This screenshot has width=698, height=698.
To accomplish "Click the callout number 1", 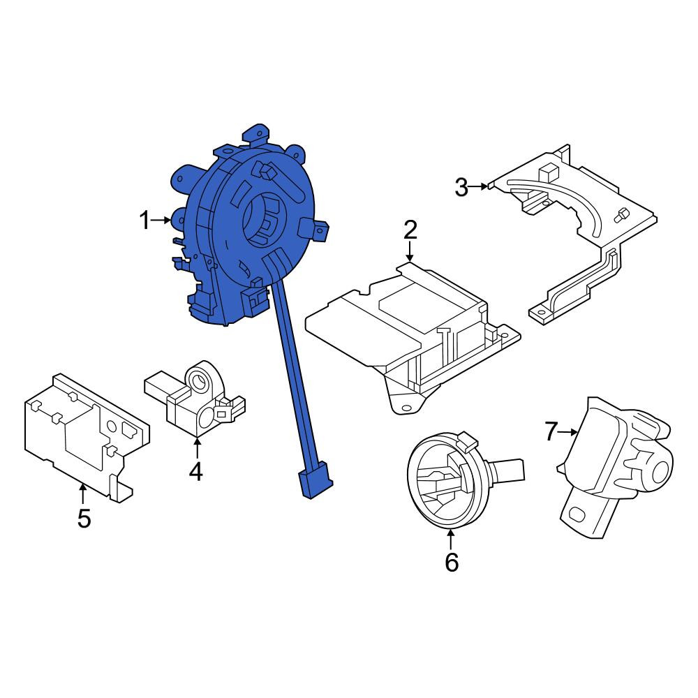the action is click(x=144, y=221).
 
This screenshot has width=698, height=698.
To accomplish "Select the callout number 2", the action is click(x=410, y=230).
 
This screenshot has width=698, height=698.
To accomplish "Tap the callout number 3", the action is click(x=461, y=187).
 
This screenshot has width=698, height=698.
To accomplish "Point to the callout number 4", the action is click(x=196, y=471).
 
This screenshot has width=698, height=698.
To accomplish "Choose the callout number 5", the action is click(x=84, y=519).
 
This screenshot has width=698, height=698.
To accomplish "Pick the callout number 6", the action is click(x=452, y=562).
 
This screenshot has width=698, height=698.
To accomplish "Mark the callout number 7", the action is click(x=551, y=431).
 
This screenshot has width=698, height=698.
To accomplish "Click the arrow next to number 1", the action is click(x=161, y=220).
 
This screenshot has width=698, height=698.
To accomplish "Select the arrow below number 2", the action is click(x=410, y=252).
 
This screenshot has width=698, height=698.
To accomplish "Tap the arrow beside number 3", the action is click(x=479, y=186).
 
